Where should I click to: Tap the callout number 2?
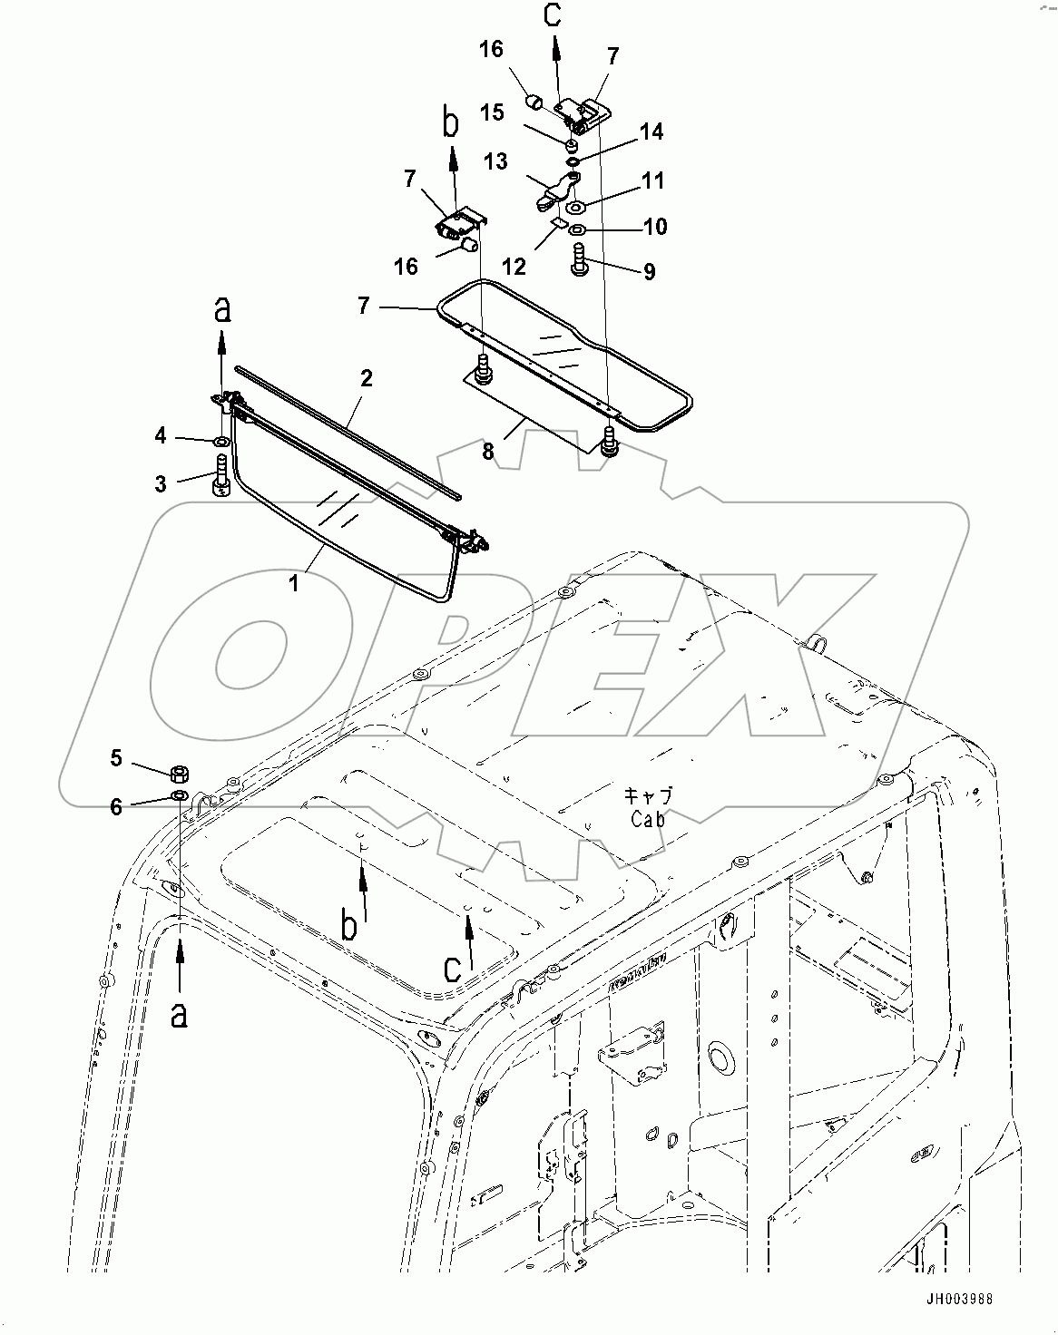(x=366, y=378)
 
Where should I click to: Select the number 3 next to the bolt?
(x=161, y=483)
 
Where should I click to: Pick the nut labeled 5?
(x=180, y=774)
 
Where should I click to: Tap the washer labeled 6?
(x=180, y=795)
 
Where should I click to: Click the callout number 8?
(x=488, y=451)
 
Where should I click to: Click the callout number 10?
(x=654, y=226)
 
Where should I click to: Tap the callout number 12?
(x=513, y=267)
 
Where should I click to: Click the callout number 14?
(x=651, y=132)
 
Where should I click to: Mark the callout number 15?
(x=493, y=112)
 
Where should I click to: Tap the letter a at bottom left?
(x=179, y=1014)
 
